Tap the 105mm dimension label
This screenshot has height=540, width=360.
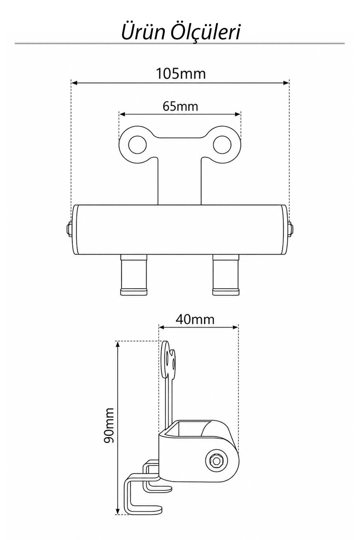[181, 74]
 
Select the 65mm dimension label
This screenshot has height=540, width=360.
[180, 106]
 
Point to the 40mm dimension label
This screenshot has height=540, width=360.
[195, 320]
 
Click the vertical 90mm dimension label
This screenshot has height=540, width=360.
[108, 426]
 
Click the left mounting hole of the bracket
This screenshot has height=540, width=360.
[138, 145]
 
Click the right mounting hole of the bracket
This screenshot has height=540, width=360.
[222, 145]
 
